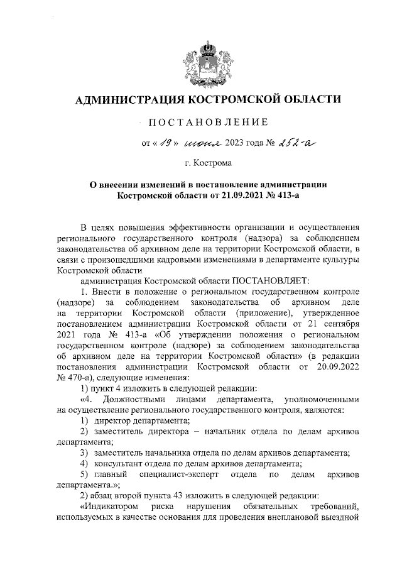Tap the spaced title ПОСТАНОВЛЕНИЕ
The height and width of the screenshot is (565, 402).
point(207,121)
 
